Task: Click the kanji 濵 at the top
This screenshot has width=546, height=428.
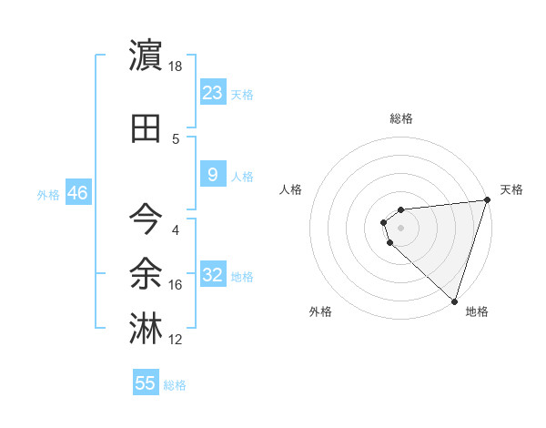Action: pos(147,55)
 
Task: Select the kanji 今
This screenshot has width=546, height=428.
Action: pos(147,219)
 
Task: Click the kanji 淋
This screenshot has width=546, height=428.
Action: pos(147,326)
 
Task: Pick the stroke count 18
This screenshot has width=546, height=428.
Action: pos(176,67)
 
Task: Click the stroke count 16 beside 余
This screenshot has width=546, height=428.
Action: pos(176,285)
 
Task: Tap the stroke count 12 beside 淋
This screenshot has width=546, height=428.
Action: pos(176,340)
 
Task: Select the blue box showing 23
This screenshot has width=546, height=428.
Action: pos(213,93)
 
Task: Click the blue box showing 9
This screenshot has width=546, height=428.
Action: pos(213,175)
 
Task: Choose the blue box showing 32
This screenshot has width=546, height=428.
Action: pos(213,275)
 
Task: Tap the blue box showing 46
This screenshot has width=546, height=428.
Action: pos(76,193)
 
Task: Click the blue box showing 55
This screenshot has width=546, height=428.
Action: pos(146,383)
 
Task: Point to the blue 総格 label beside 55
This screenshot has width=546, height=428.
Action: pos(176,385)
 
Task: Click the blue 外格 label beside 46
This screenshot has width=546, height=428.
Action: pos(48,195)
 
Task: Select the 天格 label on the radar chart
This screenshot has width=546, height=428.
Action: pos(511,189)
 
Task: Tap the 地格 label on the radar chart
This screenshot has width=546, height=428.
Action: pos(477,311)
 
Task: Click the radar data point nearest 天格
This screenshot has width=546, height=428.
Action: pos(486,201)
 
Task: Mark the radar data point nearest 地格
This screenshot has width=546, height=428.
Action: pos(454,301)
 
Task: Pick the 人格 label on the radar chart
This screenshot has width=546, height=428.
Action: pos(290,189)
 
